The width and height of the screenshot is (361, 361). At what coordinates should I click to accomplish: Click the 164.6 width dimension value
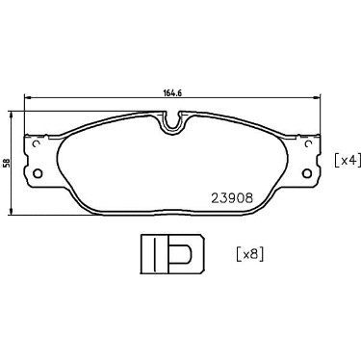[x=173, y=92]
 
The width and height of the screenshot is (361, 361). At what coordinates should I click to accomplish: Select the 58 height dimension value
[x=6, y=164]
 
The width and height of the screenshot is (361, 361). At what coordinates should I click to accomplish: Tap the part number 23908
[x=232, y=198]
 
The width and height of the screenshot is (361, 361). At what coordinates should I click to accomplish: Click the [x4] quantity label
[x=346, y=160]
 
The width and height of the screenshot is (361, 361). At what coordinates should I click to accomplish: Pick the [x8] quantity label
[x=250, y=254]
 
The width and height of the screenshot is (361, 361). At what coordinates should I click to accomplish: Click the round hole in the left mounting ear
[x=38, y=173]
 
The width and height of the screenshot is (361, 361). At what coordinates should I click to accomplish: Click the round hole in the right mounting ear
[x=307, y=173]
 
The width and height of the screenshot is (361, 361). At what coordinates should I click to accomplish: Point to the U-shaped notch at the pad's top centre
[x=172, y=123]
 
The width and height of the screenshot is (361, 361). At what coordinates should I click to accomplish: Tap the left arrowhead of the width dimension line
[x=28, y=96]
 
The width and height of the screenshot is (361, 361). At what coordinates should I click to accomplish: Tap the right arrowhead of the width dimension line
[x=317, y=96]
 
